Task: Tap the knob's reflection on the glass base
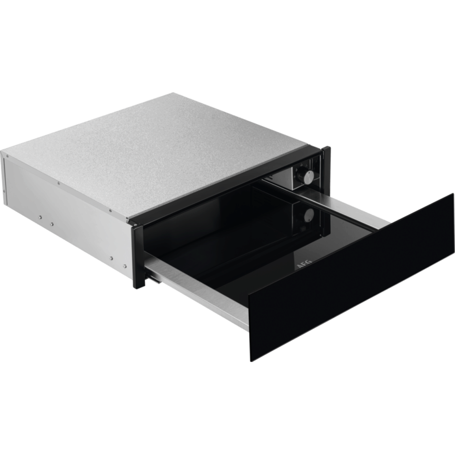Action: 309,214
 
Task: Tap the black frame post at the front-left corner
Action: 138,256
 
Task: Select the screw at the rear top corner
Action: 7,156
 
